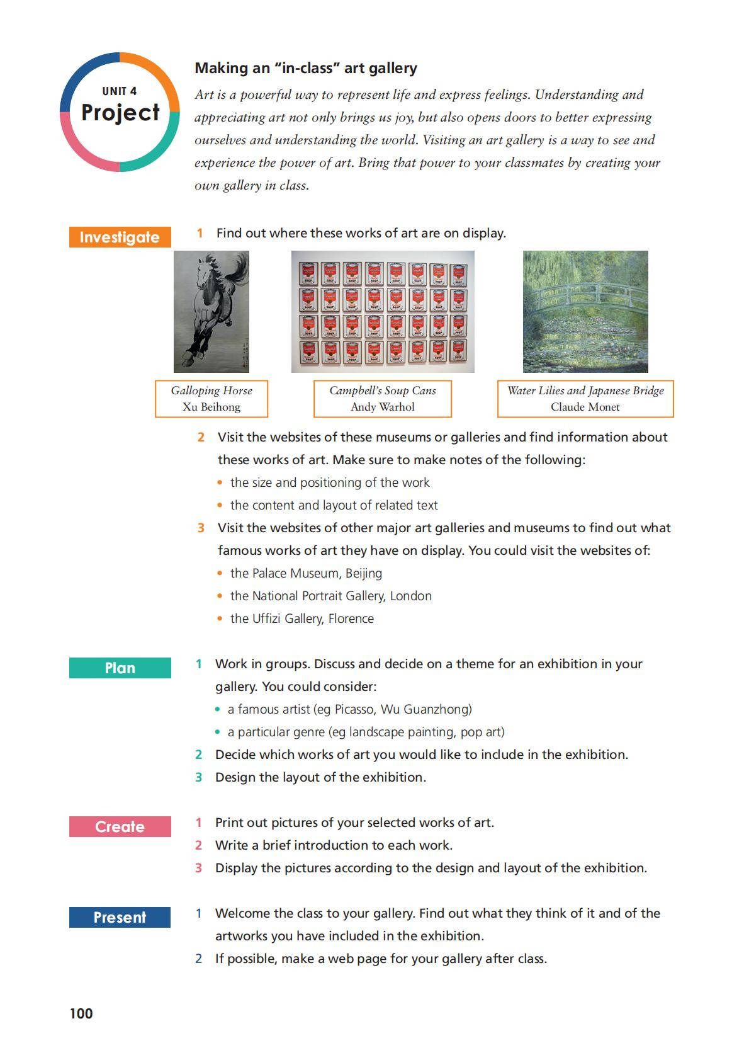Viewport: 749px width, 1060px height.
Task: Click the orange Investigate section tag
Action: [120, 237]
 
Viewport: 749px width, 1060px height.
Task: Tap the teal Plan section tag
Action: [120, 668]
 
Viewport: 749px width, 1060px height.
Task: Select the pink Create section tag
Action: [120, 827]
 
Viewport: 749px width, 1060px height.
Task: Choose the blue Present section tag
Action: [120, 918]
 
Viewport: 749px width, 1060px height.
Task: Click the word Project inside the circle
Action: [120, 113]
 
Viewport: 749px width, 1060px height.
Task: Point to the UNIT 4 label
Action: [120, 91]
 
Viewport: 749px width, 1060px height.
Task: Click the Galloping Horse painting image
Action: [211, 312]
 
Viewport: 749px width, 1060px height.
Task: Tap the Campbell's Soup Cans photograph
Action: [383, 312]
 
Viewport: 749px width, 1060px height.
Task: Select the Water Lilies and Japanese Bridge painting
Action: [585, 312]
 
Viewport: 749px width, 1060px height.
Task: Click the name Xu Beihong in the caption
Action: [211, 407]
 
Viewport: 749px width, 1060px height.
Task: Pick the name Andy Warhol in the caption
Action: [383, 407]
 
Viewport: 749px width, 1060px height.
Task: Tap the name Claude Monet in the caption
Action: [585, 407]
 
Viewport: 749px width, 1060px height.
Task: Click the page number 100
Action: [81, 1013]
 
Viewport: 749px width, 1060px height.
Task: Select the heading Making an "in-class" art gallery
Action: [306, 68]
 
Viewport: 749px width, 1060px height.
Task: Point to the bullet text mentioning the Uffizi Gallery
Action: [302, 618]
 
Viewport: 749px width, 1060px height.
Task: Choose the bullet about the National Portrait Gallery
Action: [331, 596]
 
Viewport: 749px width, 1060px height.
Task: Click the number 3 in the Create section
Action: [199, 868]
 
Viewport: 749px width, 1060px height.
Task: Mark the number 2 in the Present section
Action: [199, 959]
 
